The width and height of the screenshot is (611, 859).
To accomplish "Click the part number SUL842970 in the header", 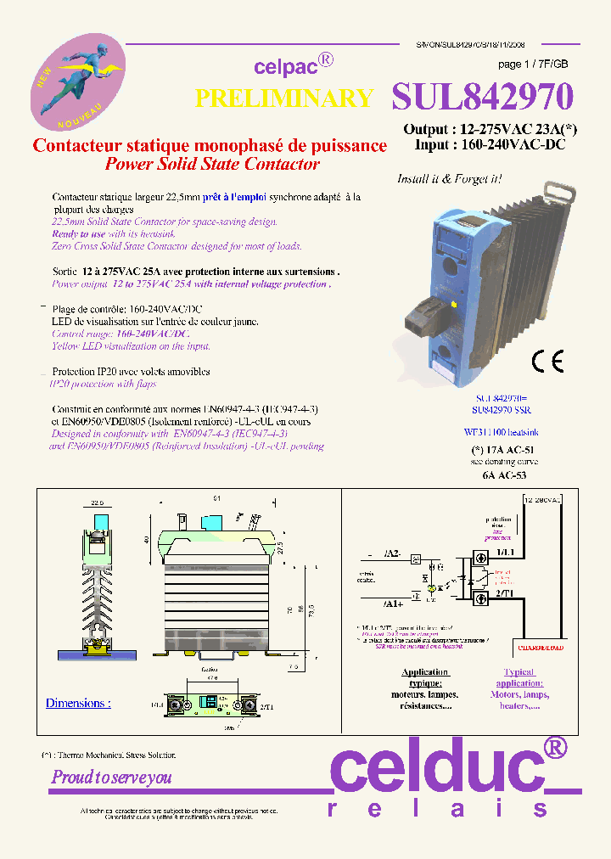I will click(x=482, y=98).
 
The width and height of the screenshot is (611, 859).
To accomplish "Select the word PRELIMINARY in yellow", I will click(x=284, y=98).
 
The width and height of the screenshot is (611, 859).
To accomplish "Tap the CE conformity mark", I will click(x=547, y=362).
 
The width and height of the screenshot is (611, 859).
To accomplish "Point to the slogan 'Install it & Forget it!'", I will click(x=449, y=179).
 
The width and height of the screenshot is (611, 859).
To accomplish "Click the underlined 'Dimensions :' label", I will click(x=78, y=703).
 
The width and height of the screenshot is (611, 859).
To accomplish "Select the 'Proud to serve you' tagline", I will click(x=112, y=777).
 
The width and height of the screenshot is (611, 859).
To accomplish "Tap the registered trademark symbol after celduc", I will click(x=554, y=747).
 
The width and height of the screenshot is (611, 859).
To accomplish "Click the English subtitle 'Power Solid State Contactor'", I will click(x=212, y=164).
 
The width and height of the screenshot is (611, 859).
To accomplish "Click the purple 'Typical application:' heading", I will click(x=519, y=677).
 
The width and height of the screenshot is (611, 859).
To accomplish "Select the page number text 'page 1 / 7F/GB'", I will click(x=533, y=65).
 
